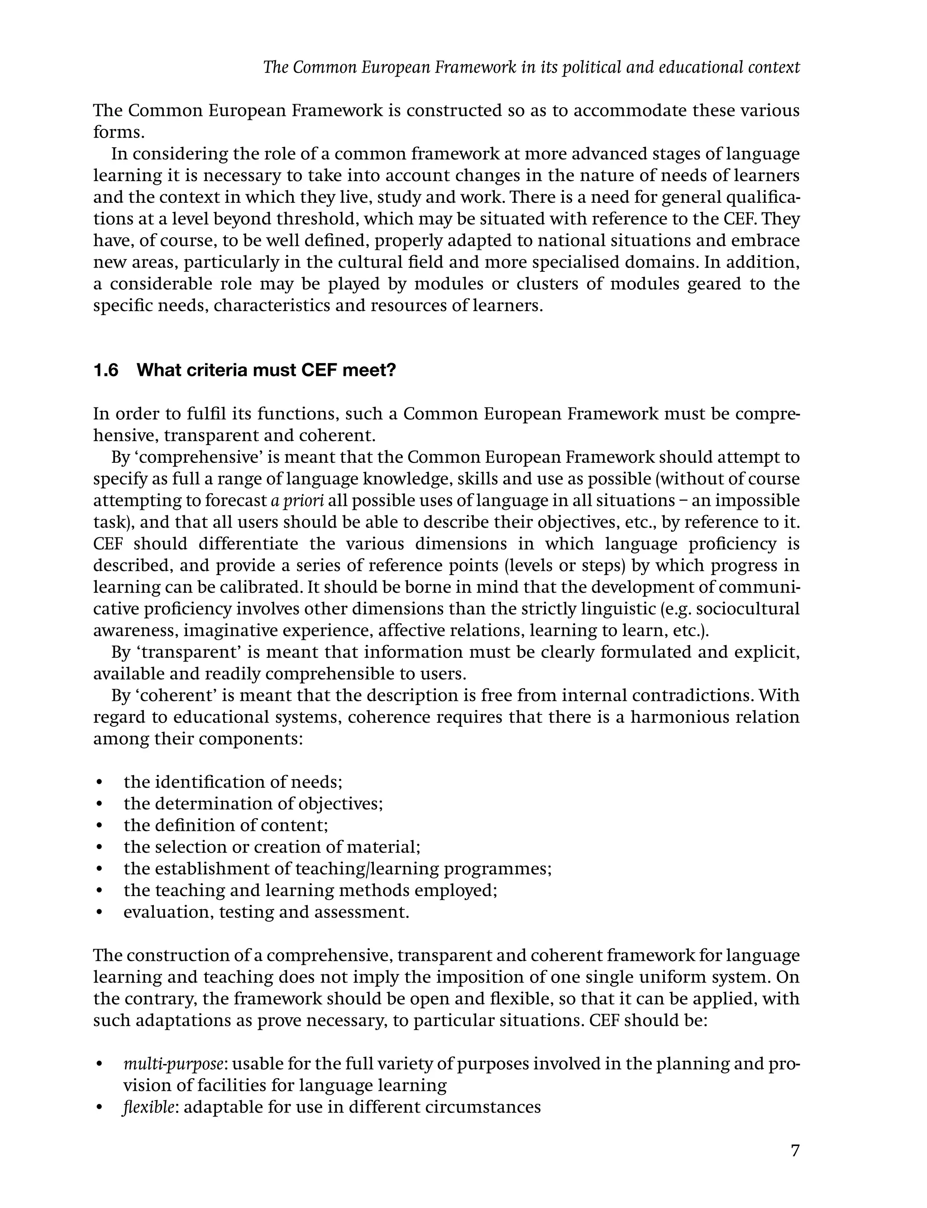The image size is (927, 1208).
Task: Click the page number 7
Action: click(x=794, y=1150)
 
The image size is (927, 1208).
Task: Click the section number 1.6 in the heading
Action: click(x=106, y=370)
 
